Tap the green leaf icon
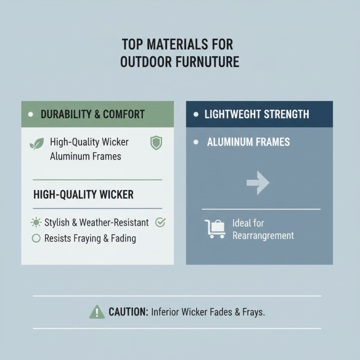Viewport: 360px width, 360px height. pyautogui.click(x=36, y=144)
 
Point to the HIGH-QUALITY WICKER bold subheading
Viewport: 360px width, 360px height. pyautogui.click(x=83, y=194)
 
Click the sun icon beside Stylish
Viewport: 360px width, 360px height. pyautogui.click(x=36, y=222)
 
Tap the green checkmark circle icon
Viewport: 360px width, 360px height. pyautogui.click(x=160, y=222)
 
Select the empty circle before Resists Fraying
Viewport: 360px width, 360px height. pyautogui.click(x=36, y=238)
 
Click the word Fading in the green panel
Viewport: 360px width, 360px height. pyautogui.click(x=123, y=238)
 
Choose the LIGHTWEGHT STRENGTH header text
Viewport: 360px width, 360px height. pyautogui.click(x=256, y=114)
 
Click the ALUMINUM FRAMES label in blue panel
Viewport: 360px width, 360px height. pyautogui.click(x=248, y=142)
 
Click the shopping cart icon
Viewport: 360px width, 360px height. pyautogui.click(x=215, y=229)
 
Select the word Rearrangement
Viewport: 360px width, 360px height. pyautogui.click(x=263, y=235)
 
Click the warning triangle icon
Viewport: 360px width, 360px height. pyautogui.click(x=97, y=311)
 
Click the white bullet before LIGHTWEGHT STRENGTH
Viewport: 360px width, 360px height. pyautogui.click(x=196, y=114)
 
